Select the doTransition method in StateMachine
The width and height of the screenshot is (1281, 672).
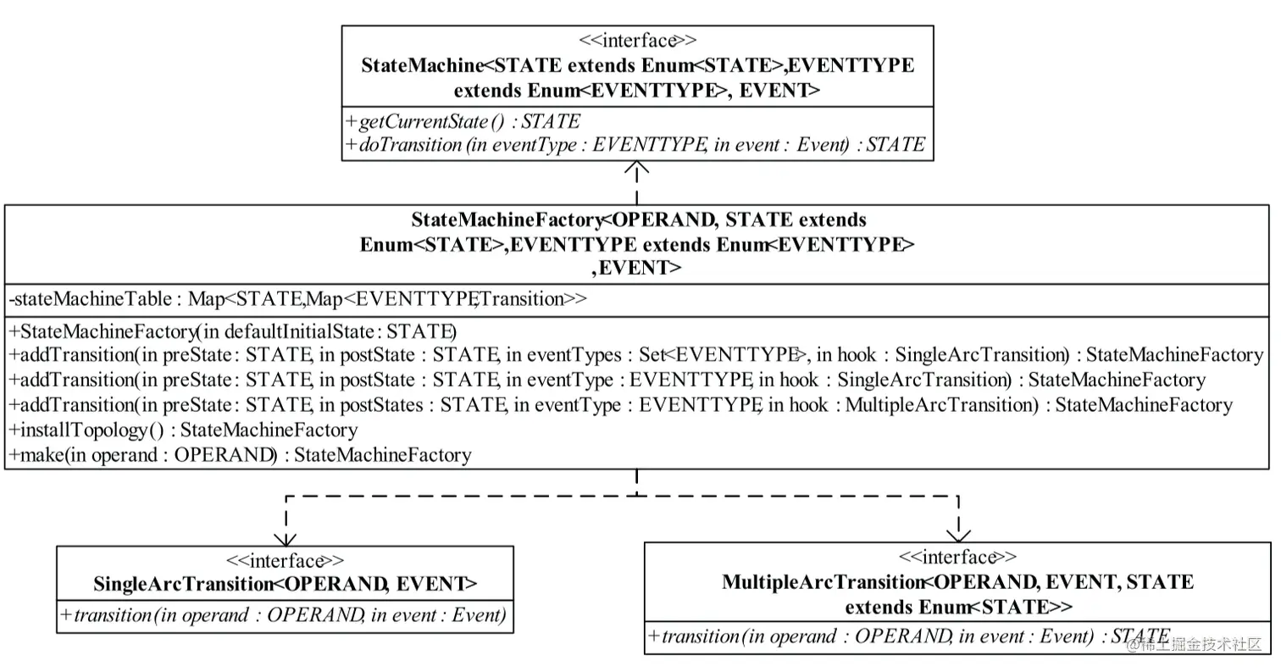635,145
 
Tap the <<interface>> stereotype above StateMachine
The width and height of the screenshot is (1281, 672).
637,41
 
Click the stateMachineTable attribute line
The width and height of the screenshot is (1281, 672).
297,299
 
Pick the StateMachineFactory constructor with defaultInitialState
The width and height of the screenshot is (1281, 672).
233,330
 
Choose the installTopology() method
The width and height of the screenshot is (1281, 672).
183,430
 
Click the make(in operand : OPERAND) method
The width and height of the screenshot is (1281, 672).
240,455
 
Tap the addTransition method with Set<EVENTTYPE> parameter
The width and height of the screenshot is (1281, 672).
635,355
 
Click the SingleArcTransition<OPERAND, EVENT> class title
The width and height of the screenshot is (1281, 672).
285,584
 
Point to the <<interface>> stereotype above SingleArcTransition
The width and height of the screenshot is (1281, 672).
285,561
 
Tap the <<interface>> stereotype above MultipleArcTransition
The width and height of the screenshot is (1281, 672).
957,558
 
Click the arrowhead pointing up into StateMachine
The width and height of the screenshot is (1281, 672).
636,169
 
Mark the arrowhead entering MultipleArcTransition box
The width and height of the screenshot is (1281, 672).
958,534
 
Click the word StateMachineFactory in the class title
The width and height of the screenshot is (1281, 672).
506,220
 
